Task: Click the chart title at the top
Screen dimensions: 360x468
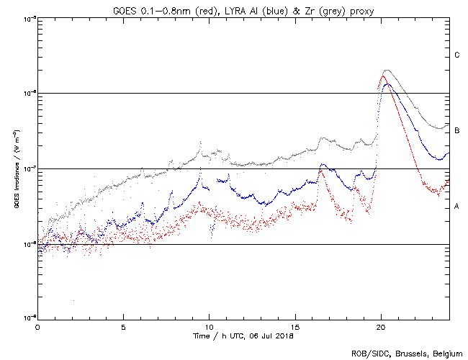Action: coord(243,10)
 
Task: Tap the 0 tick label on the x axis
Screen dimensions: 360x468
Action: coord(37,326)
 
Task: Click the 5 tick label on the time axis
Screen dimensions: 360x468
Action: coord(123,326)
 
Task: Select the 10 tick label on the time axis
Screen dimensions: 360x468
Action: coord(209,326)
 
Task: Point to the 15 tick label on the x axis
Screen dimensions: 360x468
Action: coord(295,326)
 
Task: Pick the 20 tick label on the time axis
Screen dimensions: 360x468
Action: coord(381,326)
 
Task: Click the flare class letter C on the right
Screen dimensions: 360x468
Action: coord(457,55)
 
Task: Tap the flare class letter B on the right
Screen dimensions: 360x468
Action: coord(457,130)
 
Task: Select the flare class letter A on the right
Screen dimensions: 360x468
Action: coord(457,206)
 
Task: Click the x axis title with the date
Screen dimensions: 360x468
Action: coord(243,336)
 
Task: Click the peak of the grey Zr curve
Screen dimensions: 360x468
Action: coord(387,71)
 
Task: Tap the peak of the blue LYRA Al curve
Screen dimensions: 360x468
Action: coord(387,84)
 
